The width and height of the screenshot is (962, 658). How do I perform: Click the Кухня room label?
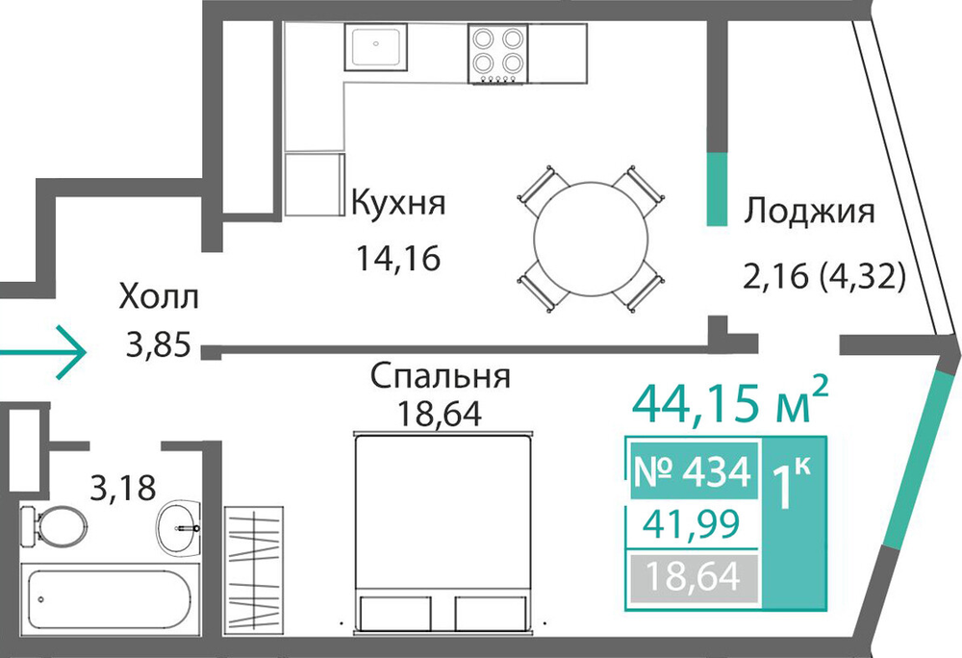click(x=397, y=203)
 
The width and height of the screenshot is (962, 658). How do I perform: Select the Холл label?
click(x=159, y=297)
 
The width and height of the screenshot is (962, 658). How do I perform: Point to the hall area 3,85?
click(x=159, y=344)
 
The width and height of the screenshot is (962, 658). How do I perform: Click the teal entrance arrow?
click(x=42, y=352)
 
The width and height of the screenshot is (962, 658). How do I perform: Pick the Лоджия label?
click(x=809, y=213)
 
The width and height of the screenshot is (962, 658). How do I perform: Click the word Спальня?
click(x=441, y=376)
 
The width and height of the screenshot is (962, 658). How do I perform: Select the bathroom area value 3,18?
click(x=123, y=489)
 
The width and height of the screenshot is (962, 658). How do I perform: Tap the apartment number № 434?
click(x=692, y=472)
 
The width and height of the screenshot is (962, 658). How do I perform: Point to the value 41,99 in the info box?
click(x=692, y=523)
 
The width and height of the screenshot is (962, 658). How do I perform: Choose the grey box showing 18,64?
click(x=693, y=577)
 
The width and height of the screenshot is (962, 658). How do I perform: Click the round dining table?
click(x=591, y=240)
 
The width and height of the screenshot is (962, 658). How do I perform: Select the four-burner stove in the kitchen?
click(x=497, y=54)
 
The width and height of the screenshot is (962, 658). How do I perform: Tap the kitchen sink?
click(x=375, y=45)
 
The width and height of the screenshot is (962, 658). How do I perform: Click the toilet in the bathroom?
click(x=52, y=525)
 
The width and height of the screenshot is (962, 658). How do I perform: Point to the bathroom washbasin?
click(x=179, y=526)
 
